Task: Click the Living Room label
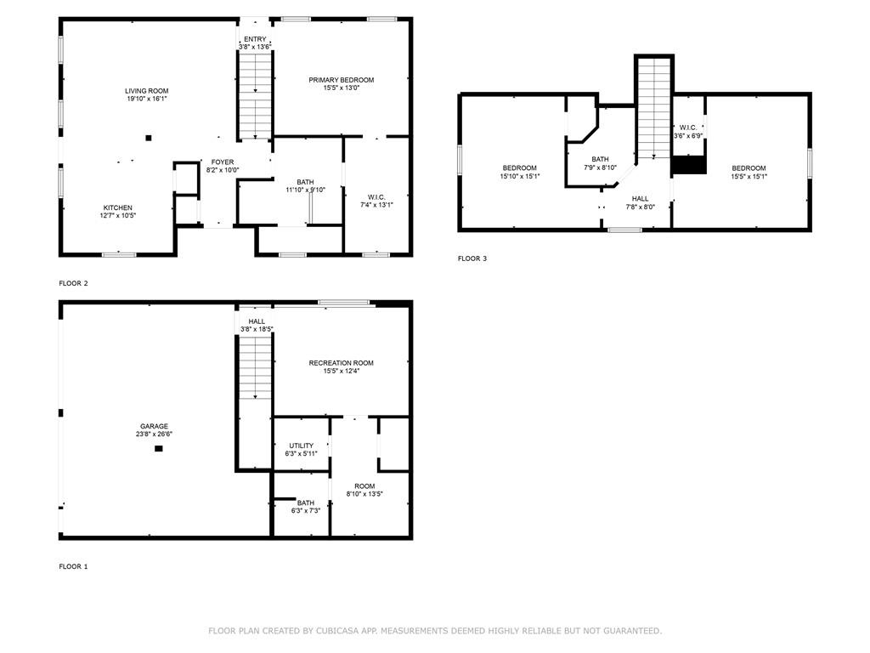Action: pos(146,91)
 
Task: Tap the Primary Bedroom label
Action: pos(342,80)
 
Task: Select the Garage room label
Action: pos(155,427)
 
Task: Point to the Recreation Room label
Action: pos(342,363)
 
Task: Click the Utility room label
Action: pos(302,446)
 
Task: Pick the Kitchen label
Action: pos(117,207)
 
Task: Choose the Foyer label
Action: pos(223,162)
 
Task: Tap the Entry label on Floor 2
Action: pos(255,39)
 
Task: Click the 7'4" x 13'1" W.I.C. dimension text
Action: pos(376,205)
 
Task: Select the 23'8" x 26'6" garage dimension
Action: pos(155,434)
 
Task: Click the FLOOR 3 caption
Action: pos(472,258)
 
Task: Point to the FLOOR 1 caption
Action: pos(73,566)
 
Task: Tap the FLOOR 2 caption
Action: pos(73,283)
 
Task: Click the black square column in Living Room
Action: pos(148,138)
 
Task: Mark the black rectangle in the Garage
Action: pos(159,449)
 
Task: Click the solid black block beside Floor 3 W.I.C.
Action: pos(689,165)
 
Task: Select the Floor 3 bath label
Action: pos(600,159)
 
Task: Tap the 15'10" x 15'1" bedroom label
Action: pos(520,177)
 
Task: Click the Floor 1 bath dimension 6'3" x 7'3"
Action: pos(306,511)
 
